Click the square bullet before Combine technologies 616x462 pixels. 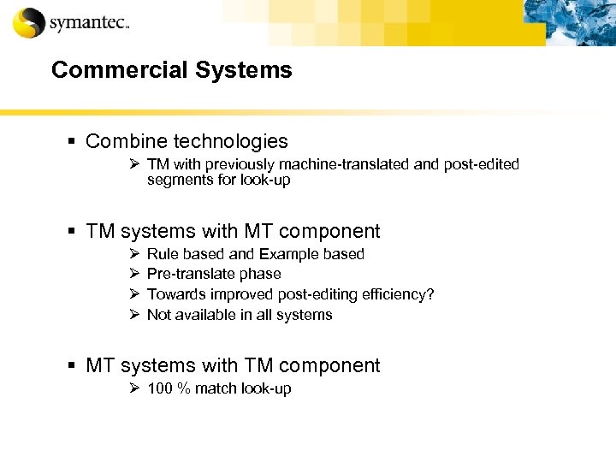click(74, 141)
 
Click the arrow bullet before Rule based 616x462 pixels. click(133, 254)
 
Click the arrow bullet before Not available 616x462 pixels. click(133, 315)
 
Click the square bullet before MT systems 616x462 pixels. click(74, 366)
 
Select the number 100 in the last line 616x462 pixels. click(160, 388)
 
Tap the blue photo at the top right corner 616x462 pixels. click(581, 21)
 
